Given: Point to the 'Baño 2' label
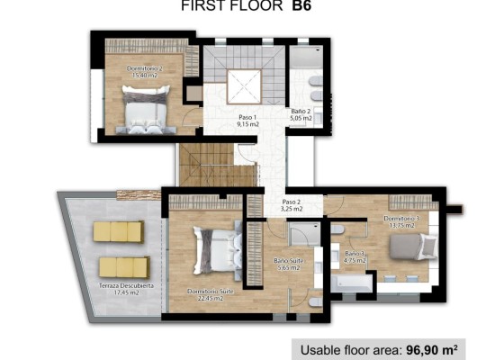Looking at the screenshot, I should (x=301, y=113).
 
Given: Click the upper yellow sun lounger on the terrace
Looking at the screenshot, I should (x=119, y=231).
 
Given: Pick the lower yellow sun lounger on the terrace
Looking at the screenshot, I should (x=124, y=266).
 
